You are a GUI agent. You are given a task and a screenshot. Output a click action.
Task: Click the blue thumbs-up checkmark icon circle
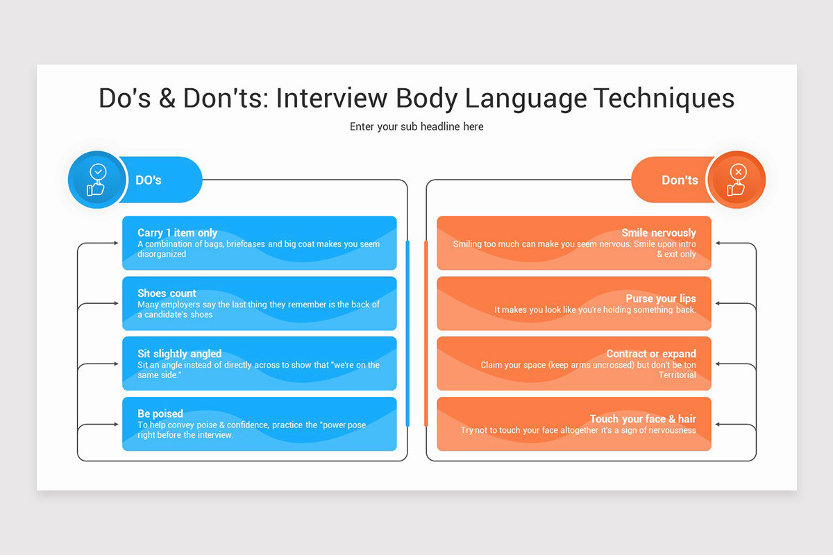[96, 180]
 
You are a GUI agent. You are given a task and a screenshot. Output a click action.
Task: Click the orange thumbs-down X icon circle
[737, 180]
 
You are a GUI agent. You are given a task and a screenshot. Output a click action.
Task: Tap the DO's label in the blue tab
[149, 180]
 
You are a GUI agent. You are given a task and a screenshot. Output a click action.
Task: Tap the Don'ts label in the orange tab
[680, 180]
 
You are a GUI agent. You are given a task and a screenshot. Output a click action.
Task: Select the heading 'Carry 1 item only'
[177, 233]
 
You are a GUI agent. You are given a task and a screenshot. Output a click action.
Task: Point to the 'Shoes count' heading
[167, 293]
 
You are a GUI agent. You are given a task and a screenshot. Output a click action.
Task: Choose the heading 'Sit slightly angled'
[179, 354]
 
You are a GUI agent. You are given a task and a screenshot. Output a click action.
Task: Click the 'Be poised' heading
[160, 414]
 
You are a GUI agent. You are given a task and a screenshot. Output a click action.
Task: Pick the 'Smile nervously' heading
[658, 233]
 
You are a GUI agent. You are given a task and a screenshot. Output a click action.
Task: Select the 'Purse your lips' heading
[660, 299]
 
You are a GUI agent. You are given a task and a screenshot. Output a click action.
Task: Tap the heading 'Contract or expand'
[650, 354]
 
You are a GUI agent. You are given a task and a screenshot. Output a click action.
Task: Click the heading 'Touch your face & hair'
[642, 419]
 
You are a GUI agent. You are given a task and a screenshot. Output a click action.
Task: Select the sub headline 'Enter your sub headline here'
[416, 127]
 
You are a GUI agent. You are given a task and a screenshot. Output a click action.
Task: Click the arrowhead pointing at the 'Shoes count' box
[115, 304]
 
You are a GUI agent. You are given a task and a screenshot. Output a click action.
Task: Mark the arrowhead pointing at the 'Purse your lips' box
[718, 304]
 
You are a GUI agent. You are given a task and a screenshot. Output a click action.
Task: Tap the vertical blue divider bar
[407, 333]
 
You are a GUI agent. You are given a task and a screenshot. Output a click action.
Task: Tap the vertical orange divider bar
[426, 333]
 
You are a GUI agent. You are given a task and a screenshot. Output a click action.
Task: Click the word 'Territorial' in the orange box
[677, 375]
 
